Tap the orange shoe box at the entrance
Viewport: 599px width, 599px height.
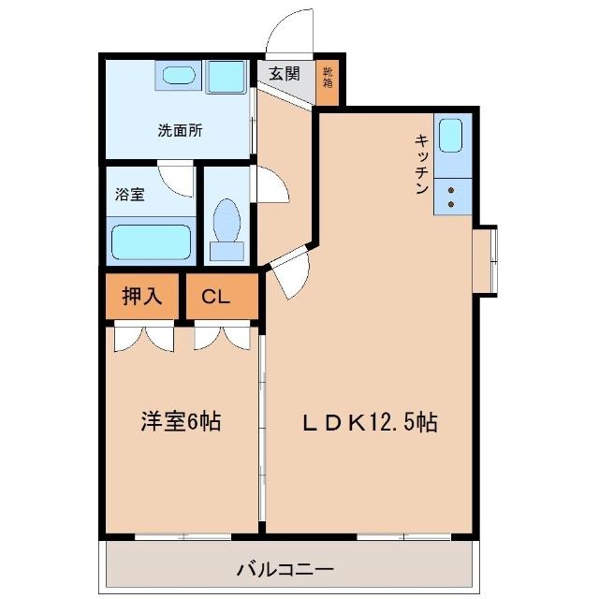(329, 80)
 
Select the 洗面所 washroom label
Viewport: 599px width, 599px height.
(180, 131)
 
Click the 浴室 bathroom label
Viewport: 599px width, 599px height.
(130, 196)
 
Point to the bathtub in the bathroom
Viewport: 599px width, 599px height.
(152, 241)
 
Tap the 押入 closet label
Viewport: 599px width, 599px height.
(142, 297)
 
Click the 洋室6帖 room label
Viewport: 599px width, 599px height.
(181, 422)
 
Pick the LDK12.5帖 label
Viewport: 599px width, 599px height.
(370, 422)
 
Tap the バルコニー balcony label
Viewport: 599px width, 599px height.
(285, 567)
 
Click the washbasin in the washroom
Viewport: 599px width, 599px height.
(175, 75)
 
